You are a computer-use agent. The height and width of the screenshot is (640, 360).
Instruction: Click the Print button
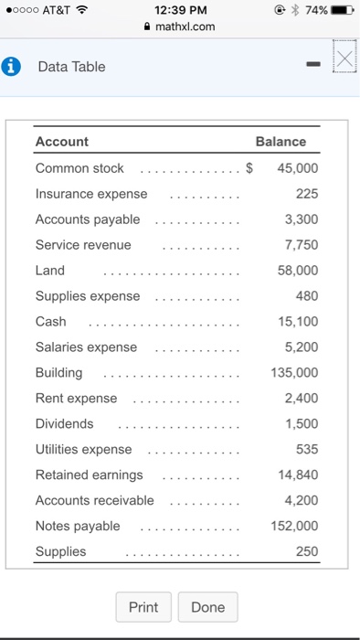click(x=143, y=607)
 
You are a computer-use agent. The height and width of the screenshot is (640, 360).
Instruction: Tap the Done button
click(x=208, y=607)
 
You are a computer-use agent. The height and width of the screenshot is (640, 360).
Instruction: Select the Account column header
click(x=62, y=142)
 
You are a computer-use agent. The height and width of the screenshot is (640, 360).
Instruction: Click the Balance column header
click(x=281, y=142)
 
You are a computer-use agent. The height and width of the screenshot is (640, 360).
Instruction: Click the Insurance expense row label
click(x=90, y=194)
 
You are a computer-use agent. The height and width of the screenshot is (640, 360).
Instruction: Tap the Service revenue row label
click(x=83, y=245)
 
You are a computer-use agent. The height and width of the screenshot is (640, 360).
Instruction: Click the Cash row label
click(x=50, y=322)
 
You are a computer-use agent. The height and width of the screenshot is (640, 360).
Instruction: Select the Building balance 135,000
click(x=295, y=373)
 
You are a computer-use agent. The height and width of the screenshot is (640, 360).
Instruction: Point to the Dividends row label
click(x=64, y=424)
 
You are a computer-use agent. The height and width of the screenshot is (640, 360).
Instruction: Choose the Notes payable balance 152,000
click(x=295, y=526)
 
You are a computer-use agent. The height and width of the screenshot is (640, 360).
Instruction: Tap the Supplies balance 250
click(x=307, y=551)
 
